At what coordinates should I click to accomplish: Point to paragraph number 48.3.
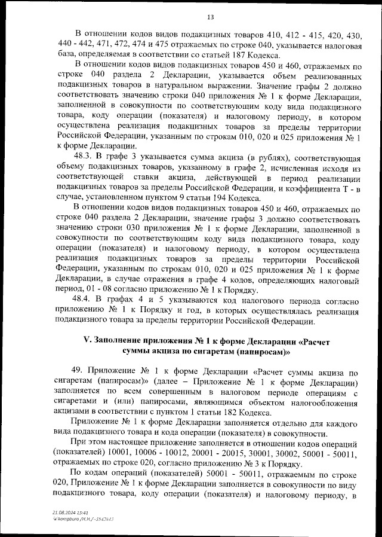pos(83,157)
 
